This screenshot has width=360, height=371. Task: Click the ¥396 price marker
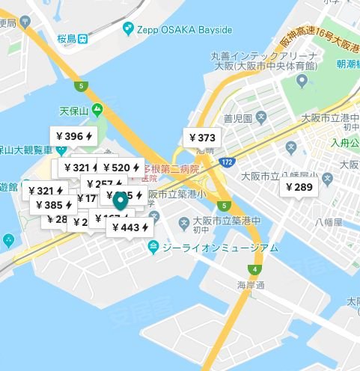(x=74, y=136)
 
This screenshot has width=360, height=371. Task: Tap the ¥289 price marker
(x=298, y=187)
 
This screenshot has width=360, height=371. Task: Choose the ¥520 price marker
(x=121, y=168)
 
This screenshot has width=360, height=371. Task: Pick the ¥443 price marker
(x=130, y=227)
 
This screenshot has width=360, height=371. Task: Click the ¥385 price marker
(x=53, y=205)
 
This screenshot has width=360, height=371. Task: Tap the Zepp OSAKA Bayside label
(x=184, y=29)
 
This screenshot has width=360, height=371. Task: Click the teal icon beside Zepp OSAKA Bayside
(x=129, y=28)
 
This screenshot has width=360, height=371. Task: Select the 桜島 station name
(x=67, y=37)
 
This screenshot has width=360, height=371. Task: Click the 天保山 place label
(x=74, y=111)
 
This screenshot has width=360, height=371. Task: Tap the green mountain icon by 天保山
(x=97, y=110)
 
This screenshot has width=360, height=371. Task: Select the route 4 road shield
(x=256, y=269)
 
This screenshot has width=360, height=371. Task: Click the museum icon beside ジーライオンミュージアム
(x=153, y=248)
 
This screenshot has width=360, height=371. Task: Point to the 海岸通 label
(x=251, y=285)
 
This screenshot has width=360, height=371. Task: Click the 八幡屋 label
(x=329, y=222)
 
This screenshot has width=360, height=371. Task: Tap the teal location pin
(x=120, y=200)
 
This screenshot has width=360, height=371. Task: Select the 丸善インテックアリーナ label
(x=254, y=55)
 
